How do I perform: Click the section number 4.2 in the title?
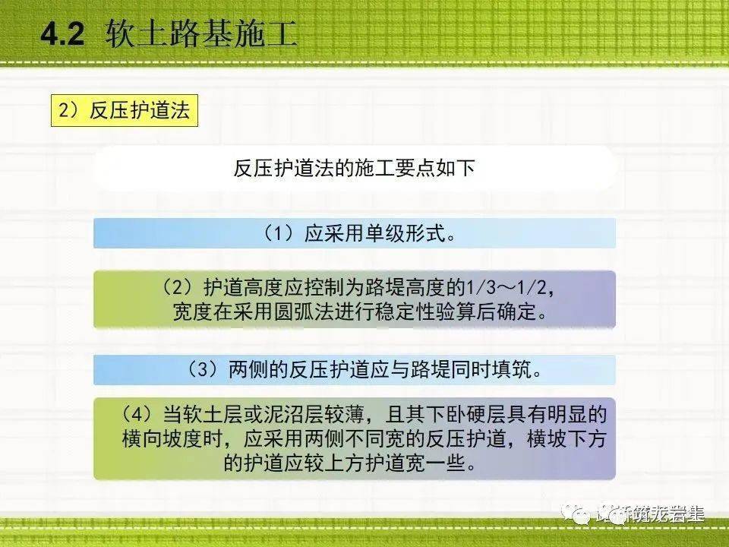tap(61, 36)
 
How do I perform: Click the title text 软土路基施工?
tap(201, 35)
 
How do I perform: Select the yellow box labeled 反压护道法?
tap(124, 111)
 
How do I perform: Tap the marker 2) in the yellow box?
tap(69, 111)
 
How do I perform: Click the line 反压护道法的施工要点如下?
tap(354, 169)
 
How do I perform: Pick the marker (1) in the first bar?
tap(277, 233)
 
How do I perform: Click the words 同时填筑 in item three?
tap(483, 370)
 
